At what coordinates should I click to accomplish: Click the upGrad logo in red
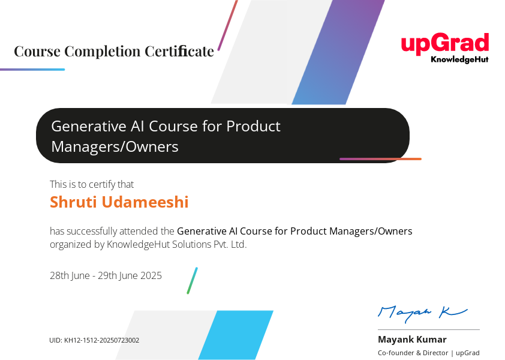[445, 44]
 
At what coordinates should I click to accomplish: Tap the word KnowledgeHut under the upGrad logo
[459, 59]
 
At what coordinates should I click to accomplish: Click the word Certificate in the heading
[179, 51]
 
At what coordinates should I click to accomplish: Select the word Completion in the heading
[103, 52]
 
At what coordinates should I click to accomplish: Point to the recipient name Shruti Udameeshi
[119, 202]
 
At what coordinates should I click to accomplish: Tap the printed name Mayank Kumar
[412, 340]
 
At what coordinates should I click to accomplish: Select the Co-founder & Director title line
[429, 353]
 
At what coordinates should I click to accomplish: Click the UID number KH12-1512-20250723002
[102, 340]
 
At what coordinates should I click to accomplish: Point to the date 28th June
[70, 276]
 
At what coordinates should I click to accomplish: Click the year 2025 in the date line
[151, 275]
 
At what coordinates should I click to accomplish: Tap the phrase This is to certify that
[92, 184]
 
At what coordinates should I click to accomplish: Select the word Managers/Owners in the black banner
[115, 147]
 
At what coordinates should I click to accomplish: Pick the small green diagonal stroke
[193, 280]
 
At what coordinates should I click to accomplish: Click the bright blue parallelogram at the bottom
[236, 335]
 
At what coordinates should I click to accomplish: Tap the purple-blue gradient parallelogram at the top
[338, 52]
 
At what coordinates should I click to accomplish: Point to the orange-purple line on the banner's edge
[380, 159]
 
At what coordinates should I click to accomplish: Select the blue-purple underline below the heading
[32, 69]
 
